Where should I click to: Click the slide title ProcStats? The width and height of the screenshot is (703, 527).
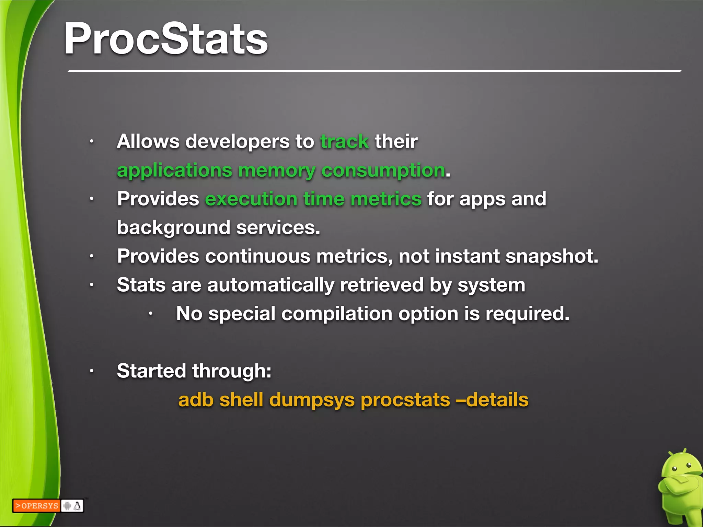(x=166, y=38)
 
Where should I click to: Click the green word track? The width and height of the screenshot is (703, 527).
(x=344, y=142)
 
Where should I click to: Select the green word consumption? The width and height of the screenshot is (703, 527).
(x=383, y=171)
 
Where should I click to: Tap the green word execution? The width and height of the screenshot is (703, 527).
(x=251, y=199)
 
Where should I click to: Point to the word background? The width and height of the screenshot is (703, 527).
(x=173, y=228)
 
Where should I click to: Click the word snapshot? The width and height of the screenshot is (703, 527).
(x=552, y=256)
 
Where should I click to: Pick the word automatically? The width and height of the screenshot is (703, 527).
(x=270, y=285)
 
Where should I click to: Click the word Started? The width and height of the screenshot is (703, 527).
(x=151, y=371)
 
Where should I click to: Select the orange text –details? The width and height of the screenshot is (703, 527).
(x=492, y=400)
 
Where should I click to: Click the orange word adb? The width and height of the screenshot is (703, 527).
(x=196, y=400)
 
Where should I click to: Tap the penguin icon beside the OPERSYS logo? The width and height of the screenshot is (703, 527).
(x=78, y=506)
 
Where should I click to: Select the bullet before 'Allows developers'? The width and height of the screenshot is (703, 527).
(x=91, y=141)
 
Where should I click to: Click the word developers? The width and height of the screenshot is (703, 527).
(x=238, y=142)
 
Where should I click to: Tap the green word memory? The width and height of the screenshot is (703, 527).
(x=276, y=171)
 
